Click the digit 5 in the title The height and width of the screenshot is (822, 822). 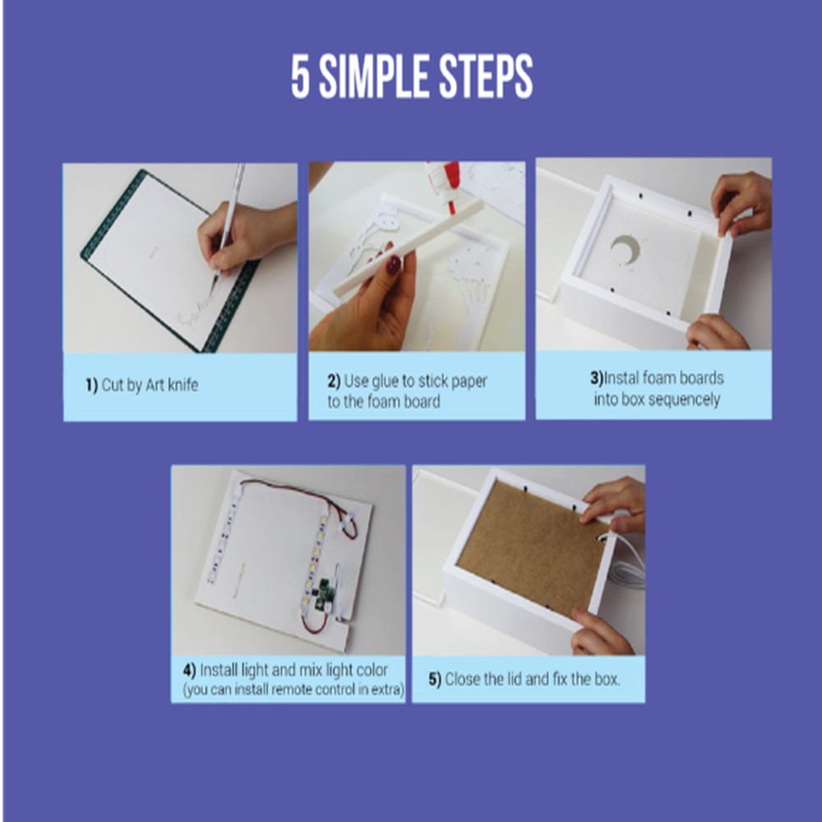300,76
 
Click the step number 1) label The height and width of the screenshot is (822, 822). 92,385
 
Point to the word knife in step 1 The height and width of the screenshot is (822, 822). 182,385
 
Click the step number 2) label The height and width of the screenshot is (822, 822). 334,381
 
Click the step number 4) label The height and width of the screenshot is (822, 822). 189,670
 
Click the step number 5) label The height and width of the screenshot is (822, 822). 435,680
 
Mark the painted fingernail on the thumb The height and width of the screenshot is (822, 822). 393,266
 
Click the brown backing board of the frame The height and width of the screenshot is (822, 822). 530,547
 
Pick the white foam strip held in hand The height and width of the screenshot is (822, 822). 408,247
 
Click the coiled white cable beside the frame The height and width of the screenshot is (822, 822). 628,566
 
